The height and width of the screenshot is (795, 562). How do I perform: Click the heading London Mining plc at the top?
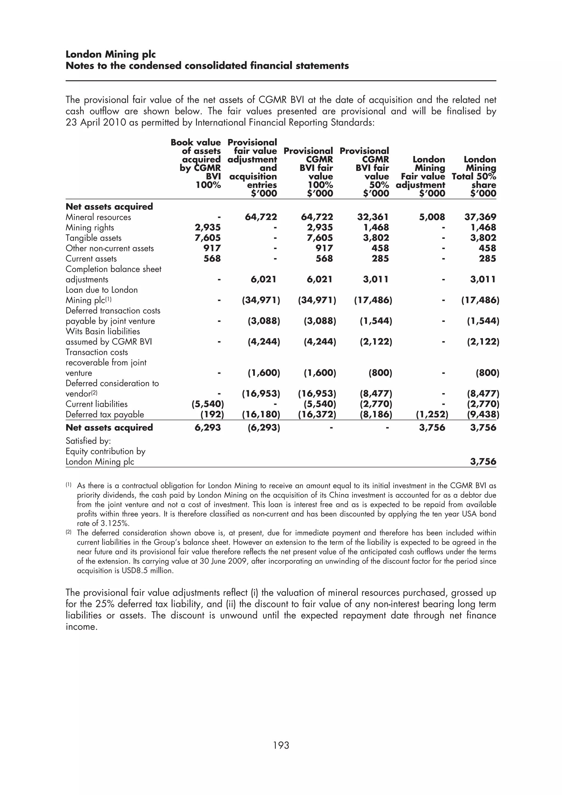[111, 54]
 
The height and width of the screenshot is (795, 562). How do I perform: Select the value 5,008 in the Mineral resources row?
[432, 217]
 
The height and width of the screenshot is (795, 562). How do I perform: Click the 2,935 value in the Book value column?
[207, 227]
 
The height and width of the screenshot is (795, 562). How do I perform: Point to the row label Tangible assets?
[94, 238]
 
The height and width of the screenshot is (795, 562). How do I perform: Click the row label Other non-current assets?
[109, 248]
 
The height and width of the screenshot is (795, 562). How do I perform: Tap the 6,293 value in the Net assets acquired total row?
[207, 428]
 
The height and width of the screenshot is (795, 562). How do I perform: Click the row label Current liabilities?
[96, 404]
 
